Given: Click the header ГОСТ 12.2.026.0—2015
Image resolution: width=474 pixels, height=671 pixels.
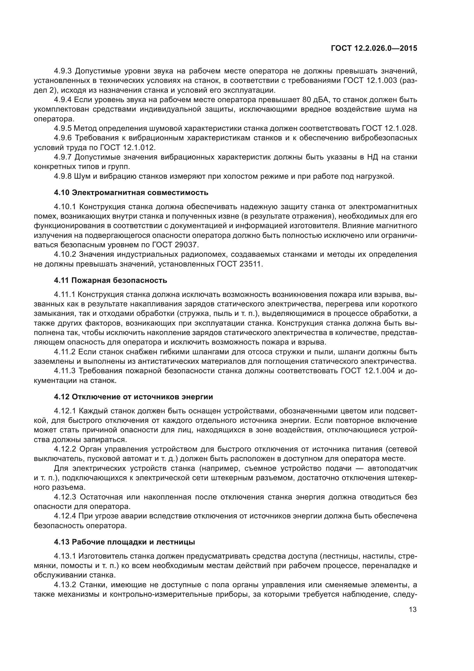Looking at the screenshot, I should click(374, 48).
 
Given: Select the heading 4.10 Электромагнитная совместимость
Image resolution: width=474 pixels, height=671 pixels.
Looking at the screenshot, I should click(131, 192).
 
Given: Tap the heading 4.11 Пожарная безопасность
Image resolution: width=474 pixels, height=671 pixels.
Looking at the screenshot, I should click(110, 281).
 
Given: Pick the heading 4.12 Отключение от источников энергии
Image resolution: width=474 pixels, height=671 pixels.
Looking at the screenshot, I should click(133, 397).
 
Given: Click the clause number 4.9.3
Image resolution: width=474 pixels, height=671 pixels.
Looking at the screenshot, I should click(62, 71).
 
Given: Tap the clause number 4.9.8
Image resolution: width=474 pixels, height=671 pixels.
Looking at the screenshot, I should click(62, 176).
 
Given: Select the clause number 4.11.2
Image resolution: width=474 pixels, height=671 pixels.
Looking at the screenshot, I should click(64, 352).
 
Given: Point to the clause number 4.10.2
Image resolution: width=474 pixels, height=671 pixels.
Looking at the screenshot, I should click(65, 254).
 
